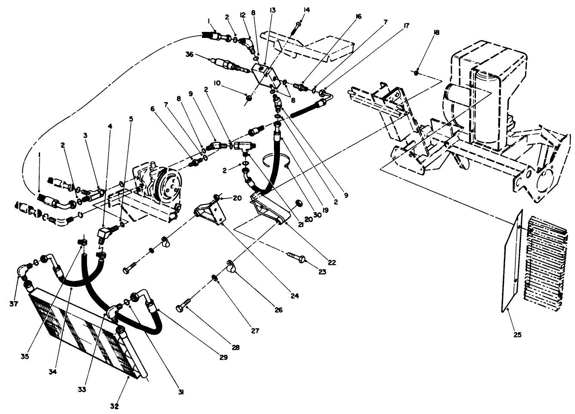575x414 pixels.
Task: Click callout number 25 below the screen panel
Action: tap(517, 334)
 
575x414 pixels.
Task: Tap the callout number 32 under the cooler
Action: tap(114, 406)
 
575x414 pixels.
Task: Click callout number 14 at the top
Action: tap(306, 9)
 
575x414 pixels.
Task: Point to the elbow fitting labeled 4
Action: tap(106, 235)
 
